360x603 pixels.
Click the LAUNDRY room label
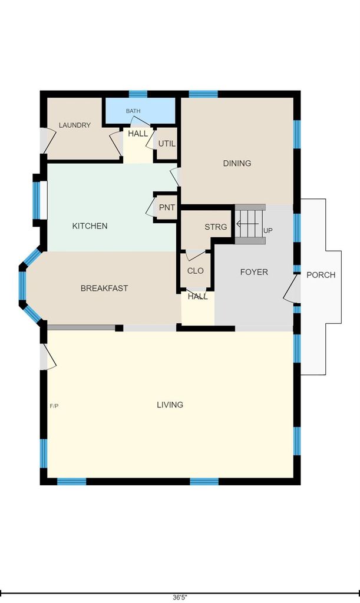coord(75,125)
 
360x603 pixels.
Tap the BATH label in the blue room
coord(133,111)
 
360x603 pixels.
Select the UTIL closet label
coord(167,144)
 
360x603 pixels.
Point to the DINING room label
coord(237,163)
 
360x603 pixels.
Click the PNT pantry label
coord(167,207)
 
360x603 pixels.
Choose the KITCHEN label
coord(90,226)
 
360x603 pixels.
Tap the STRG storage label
coord(216,227)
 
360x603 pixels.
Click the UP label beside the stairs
coord(268,230)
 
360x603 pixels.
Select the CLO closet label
coord(195,271)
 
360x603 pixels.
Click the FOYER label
coord(254,272)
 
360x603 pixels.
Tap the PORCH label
coord(321,274)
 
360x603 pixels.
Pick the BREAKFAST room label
coord(104,288)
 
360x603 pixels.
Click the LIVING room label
coord(170,405)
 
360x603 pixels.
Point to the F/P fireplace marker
coord(54,406)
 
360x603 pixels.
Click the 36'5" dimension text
coord(180,597)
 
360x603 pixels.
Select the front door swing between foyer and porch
coord(292,289)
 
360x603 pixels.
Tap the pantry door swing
coord(150,208)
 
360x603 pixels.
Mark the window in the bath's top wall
coord(138,94)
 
